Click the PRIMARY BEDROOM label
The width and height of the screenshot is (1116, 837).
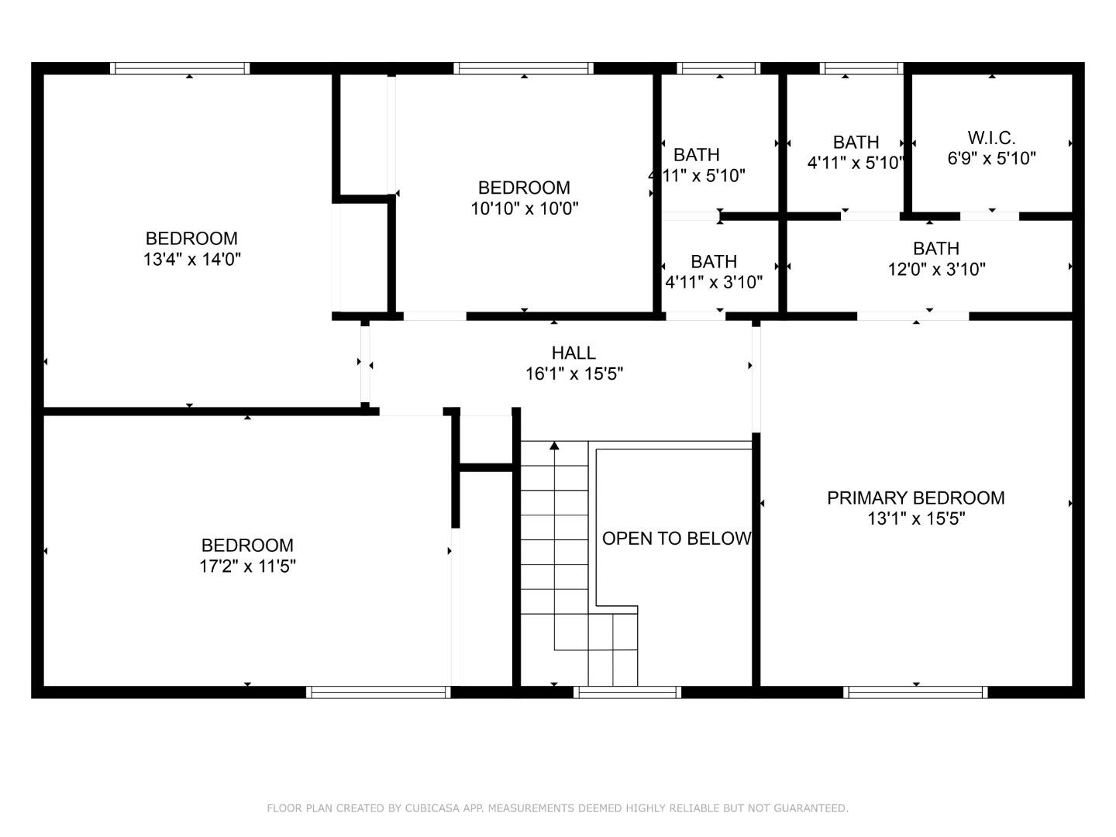coord(915,498)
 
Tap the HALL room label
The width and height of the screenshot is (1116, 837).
coord(573,353)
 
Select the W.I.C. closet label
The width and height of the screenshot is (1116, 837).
coord(991,138)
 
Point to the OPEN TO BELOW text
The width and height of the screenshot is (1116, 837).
coord(677,539)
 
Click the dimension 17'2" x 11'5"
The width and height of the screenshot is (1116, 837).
coord(247,566)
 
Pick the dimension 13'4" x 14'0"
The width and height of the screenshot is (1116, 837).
coord(191,260)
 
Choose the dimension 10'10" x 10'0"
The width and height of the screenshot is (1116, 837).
coord(524,209)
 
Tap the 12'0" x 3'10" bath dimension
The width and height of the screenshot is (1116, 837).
coord(936,270)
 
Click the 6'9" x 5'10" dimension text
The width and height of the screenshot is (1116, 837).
coord(991,159)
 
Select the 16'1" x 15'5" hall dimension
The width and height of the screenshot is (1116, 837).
coord(574,374)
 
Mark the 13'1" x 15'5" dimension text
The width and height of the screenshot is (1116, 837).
coord(916,519)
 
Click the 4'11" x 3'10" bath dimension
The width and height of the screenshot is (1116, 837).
coord(714,282)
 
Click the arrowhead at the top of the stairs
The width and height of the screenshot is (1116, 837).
coord(554,446)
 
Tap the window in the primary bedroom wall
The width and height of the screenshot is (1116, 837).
coord(915,692)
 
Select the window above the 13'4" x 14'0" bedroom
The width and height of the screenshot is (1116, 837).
coord(180,68)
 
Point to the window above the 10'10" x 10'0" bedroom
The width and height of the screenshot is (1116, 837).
coord(524,68)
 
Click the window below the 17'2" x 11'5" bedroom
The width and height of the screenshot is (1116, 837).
coord(378,692)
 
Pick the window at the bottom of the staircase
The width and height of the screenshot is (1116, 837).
coord(628,692)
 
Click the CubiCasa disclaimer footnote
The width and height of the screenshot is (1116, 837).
coord(557,808)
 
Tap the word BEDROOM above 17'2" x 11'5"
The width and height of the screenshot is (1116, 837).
coord(247,546)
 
